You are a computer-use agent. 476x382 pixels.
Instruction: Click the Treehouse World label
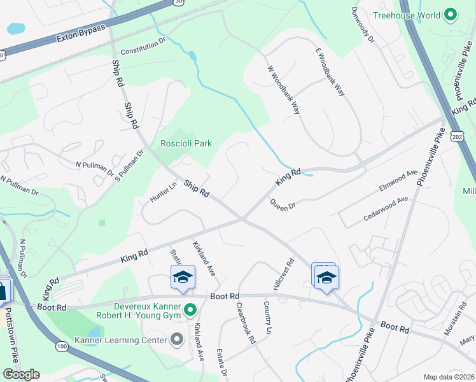coord(407,15)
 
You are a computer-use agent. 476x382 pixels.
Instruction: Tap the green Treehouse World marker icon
coord(451,15)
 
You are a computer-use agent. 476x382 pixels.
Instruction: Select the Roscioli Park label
coord(186,144)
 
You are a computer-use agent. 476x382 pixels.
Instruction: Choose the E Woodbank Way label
coord(330,72)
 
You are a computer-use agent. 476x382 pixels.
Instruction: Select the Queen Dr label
coord(283,205)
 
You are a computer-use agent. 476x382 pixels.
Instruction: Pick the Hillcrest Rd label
coord(286,271)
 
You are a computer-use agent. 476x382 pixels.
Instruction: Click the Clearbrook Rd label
coord(246,323)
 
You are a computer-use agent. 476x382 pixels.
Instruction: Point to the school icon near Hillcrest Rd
coord(326,278)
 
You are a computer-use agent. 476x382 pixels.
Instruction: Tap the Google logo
coord(21,374)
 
